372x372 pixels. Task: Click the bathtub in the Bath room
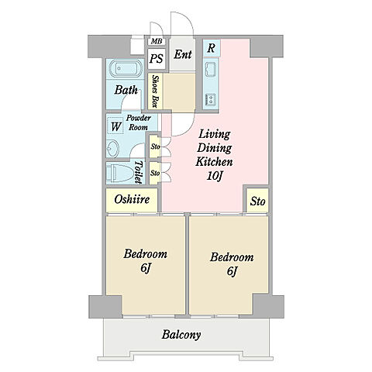pyautogui.click(x=126, y=69)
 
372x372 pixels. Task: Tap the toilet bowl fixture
pyautogui.click(x=119, y=173)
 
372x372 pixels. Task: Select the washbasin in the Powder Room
pyautogui.click(x=113, y=149)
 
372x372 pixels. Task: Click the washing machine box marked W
pyautogui.click(x=115, y=126)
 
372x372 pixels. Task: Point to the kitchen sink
pyautogui.click(x=210, y=69)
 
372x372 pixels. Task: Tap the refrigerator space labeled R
pyautogui.click(x=212, y=48)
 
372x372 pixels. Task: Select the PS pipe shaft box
pyautogui.click(x=157, y=59)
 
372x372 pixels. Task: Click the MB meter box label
pyautogui.click(x=157, y=41)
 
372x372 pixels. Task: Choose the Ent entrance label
pyautogui.click(x=183, y=54)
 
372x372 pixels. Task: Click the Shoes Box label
pyautogui.click(x=155, y=91)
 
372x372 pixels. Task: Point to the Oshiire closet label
pyautogui.click(x=132, y=199)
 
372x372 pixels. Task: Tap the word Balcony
pyautogui.click(x=181, y=335)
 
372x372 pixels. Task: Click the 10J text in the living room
pyautogui.click(x=215, y=176)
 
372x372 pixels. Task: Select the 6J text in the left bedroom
pyautogui.click(x=146, y=268)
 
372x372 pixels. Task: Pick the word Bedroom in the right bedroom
pyautogui.click(x=232, y=257)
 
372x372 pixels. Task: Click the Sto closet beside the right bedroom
pyautogui.click(x=257, y=201)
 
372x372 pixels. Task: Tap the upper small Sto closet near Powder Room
pyautogui.click(x=155, y=146)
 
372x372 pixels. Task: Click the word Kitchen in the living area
pyautogui.click(x=214, y=162)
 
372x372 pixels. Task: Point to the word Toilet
pyautogui.click(x=139, y=172)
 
